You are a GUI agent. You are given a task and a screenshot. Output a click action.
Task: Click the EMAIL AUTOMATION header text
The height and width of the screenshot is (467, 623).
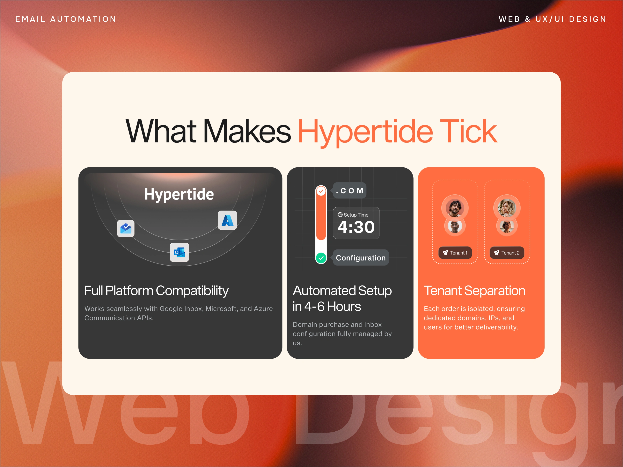click(x=66, y=19)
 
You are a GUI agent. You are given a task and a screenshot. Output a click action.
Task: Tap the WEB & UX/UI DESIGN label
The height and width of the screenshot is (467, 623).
click(x=552, y=19)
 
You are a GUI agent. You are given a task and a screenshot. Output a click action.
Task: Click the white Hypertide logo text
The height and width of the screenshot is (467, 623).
click(x=179, y=194)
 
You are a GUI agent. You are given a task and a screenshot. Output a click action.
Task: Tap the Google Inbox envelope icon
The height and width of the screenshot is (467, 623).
click(x=126, y=228)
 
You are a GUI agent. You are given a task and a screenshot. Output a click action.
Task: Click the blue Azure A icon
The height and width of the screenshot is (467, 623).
click(x=227, y=220)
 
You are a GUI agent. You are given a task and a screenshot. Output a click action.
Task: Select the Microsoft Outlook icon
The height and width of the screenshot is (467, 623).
click(x=180, y=252)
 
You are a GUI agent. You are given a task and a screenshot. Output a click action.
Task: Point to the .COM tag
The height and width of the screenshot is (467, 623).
click(x=349, y=190)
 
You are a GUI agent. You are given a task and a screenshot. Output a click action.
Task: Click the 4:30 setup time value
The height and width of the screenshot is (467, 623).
click(x=356, y=227)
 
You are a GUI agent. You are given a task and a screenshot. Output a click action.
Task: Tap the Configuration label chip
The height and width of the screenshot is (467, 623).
click(x=361, y=258)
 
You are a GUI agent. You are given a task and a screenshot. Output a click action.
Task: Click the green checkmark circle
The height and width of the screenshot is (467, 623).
click(x=321, y=258)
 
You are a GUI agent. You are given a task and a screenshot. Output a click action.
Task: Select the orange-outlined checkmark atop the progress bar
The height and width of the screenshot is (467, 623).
click(x=321, y=191)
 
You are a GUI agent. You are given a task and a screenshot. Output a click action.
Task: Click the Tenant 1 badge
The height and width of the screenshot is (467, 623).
click(x=455, y=253)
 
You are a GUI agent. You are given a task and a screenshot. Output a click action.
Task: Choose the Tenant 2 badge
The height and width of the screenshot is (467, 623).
click(x=507, y=253)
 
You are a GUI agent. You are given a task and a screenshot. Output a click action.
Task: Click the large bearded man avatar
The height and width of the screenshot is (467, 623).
click(x=455, y=208)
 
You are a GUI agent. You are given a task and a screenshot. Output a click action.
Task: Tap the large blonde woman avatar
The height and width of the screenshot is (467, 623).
click(x=507, y=208)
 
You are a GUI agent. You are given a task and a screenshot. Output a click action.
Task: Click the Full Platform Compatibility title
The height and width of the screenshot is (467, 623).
click(x=156, y=291)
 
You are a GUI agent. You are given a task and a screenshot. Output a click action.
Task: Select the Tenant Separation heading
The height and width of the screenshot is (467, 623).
click(x=475, y=291)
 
